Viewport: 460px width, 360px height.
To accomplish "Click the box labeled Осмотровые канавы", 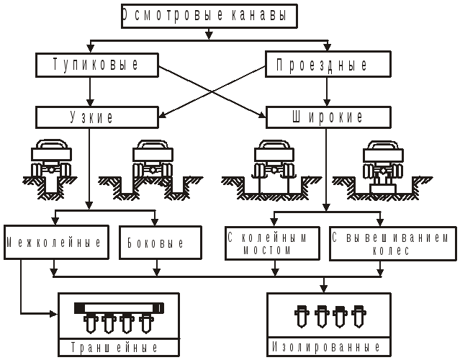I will click(208, 15).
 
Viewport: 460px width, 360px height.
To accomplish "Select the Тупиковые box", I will click(96, 66).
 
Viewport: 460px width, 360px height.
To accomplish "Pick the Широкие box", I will click(326, 117).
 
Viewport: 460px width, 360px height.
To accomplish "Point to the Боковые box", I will click(155, 243).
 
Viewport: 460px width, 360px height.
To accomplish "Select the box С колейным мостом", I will click(272, 243).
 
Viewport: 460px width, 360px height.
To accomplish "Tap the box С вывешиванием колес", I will click(392, 243).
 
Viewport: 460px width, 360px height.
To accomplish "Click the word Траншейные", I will click(117, 347).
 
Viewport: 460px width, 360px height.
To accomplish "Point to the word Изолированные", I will click(328, 347).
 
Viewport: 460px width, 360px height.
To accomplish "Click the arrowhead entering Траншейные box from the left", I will click(54, 314).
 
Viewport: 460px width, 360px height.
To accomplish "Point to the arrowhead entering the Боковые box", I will click(155, 222).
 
